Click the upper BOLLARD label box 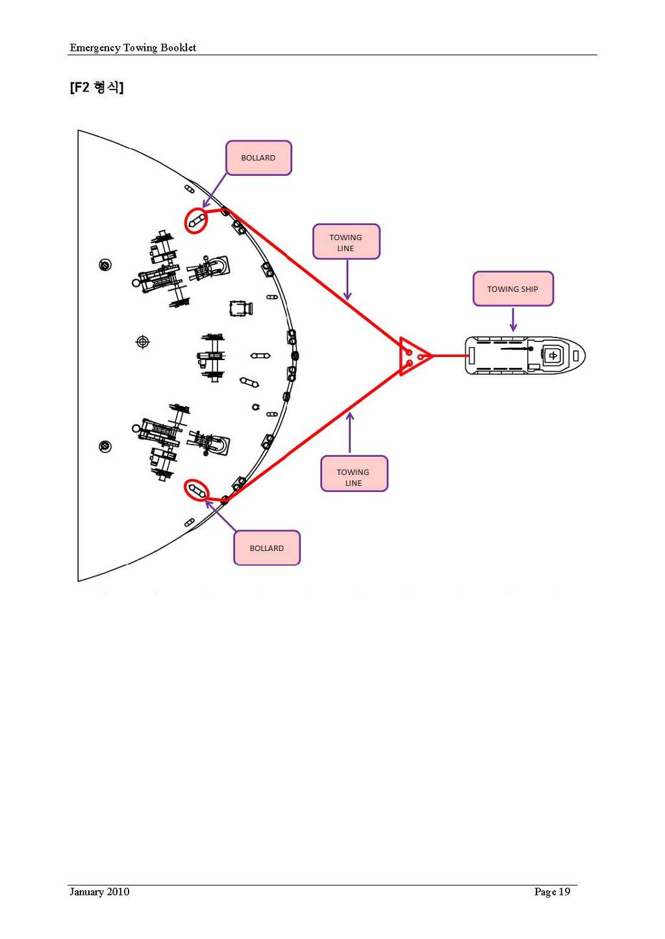[x=258, y=158]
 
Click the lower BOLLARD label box [x=267, y=548]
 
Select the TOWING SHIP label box [x=512, y=289]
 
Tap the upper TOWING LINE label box [x=346, y=242]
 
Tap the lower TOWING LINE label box [x=354, y=474]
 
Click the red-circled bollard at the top [x=196, y=221]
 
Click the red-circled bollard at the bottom [x=196, y=490]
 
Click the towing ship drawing [x=525, y=356]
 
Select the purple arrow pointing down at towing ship [x=512, y=320]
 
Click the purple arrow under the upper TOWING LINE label [x=347, y=280]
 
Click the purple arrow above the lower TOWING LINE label [x=350, y=433]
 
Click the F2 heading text [x=97, y=88]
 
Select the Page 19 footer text [x=552, y=892]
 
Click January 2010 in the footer [x=99, y=892]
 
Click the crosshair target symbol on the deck [x=143, y=341]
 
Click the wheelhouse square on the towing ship [x=553, y=356]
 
